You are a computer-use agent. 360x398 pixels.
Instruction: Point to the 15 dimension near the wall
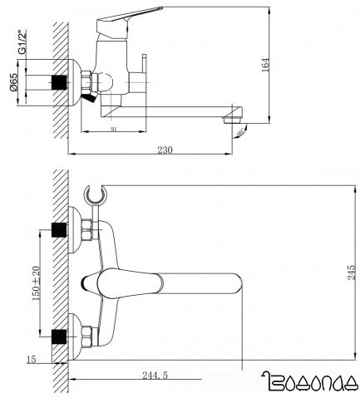click(x=32, y=359)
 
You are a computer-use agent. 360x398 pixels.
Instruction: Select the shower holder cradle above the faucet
click(x=96, y=196)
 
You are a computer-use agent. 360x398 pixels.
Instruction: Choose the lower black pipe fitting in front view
click(x=59, y=337)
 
